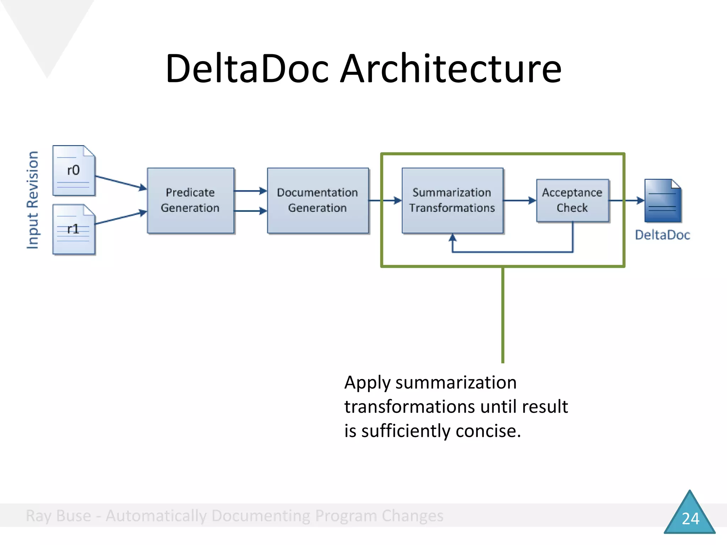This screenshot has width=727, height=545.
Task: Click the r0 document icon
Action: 73,170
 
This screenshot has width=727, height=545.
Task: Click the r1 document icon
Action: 73,229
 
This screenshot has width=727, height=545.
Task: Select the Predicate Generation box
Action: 190,200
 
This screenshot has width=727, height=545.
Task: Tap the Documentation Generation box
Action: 317,200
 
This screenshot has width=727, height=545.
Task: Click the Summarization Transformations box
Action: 452,200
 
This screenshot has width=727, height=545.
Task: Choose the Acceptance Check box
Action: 572,200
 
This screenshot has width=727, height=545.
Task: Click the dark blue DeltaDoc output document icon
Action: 662,201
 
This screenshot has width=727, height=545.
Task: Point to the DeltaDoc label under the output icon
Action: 662,235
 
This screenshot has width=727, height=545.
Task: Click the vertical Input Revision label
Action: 33,200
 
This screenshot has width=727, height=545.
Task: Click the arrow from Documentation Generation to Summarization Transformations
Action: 385,200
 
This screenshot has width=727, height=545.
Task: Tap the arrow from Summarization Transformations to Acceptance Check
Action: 519,200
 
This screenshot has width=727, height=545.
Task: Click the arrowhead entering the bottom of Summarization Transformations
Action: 452,238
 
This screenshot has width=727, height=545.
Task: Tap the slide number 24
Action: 690,518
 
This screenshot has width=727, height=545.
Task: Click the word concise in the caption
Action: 488,431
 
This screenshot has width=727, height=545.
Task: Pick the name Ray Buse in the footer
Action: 59,516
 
